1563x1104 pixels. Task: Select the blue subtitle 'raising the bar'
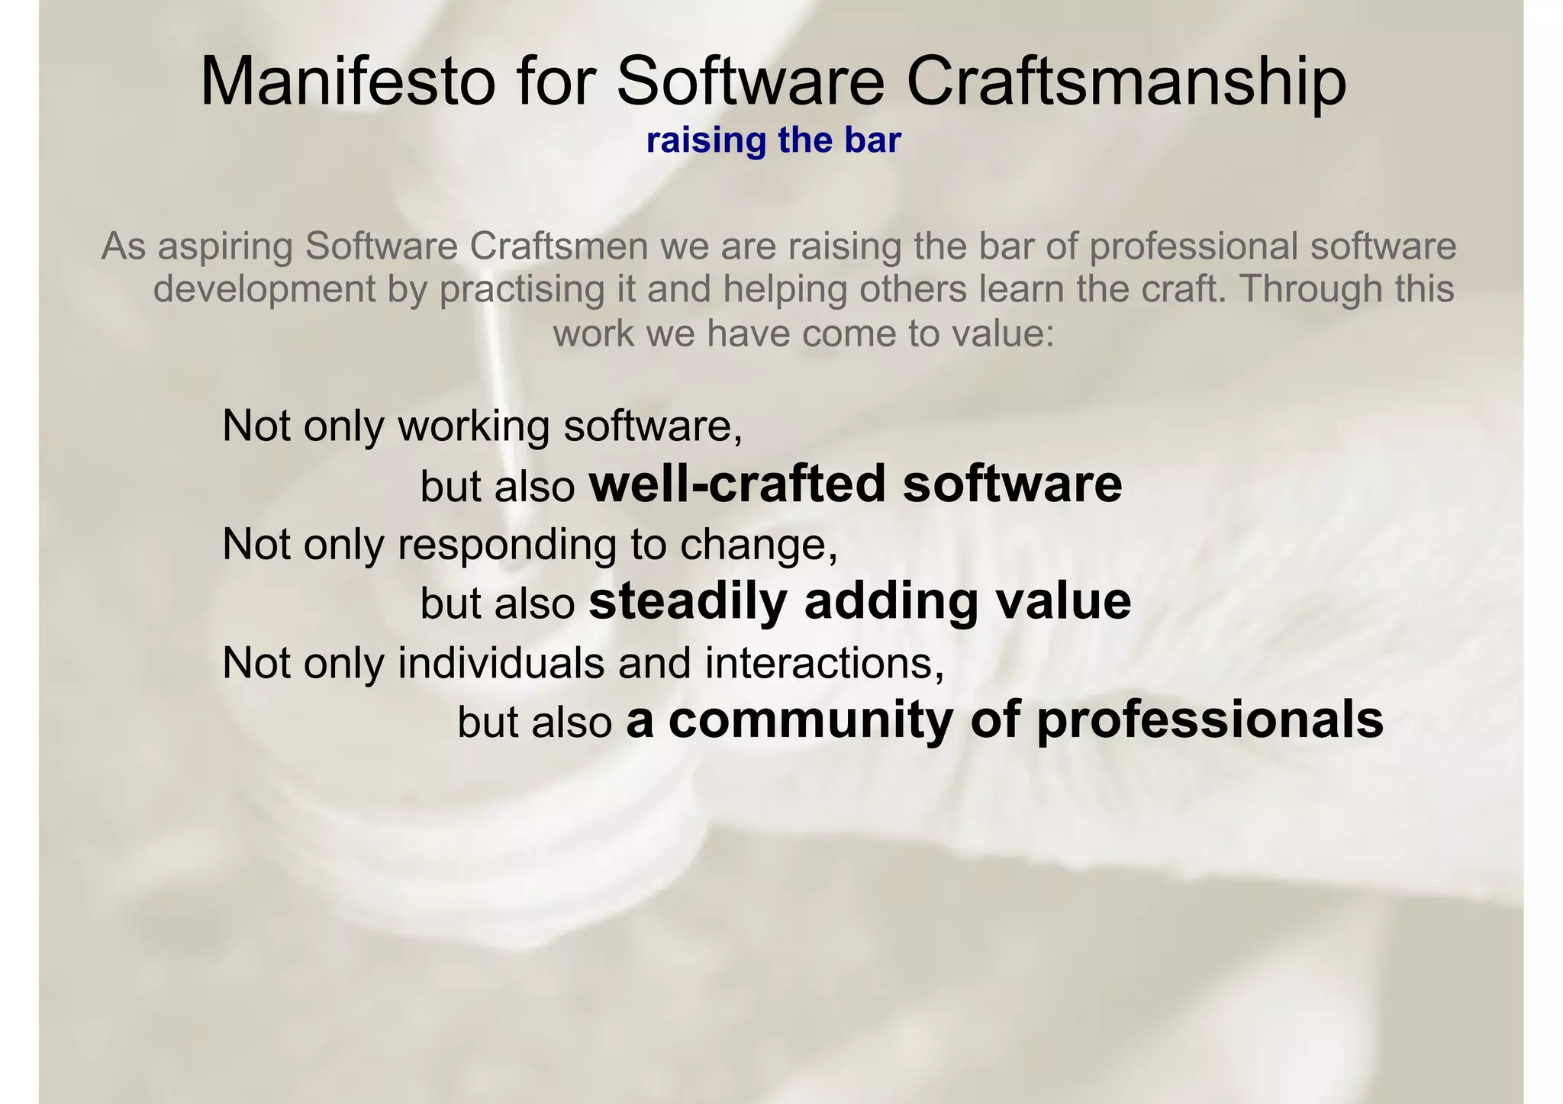774,141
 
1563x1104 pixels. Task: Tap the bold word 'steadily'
688,602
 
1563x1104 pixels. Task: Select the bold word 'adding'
891,602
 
